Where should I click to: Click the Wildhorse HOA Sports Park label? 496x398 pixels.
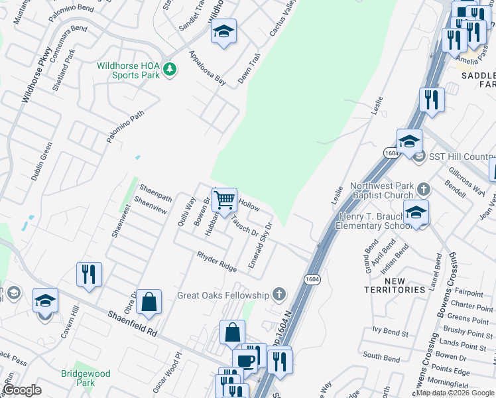click(128, 70)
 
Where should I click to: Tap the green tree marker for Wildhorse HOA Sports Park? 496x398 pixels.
click(170, 69)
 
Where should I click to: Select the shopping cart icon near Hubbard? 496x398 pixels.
click(225, 199)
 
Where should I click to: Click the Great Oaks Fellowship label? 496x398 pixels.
click(223, 295)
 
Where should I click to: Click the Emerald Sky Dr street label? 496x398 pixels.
click(260, 245)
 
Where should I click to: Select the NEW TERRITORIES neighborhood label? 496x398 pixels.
click(395, 285)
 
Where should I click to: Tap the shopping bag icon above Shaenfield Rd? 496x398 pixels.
click(151, 302)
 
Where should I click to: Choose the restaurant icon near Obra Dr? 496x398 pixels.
click(89, 274)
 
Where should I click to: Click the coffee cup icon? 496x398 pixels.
click(245, 360)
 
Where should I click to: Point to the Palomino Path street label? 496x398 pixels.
click(125, 127)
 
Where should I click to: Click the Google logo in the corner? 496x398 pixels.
click(23, 390)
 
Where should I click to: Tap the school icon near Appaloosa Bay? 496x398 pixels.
click(224, 32)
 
